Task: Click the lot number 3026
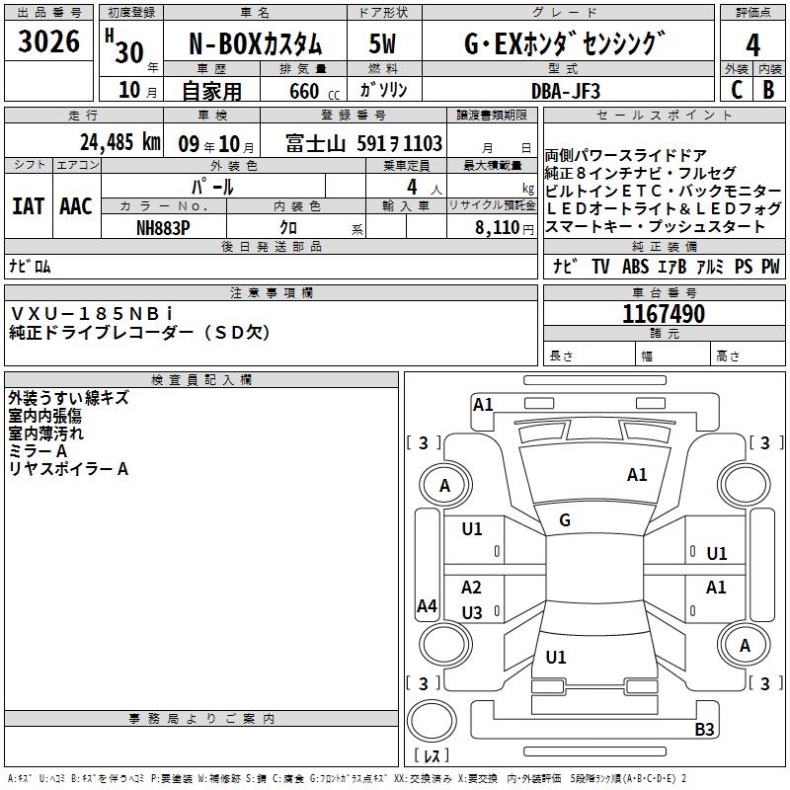[49, 43]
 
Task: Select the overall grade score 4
[752, 45]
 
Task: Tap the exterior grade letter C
[737, 89]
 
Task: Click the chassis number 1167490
[664, 314]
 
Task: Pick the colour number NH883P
[165, 226]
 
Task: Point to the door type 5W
[384, 45]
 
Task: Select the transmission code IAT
[29, 206]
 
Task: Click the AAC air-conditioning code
[76, 206]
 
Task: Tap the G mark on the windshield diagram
[564, 520]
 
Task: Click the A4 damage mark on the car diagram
[427, 606]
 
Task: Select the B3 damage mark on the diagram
[704, 730]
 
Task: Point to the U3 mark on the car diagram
[472, 613]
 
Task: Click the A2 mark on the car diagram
[472, 588]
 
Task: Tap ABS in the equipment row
[635, 267]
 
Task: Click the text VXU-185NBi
[92, 313]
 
